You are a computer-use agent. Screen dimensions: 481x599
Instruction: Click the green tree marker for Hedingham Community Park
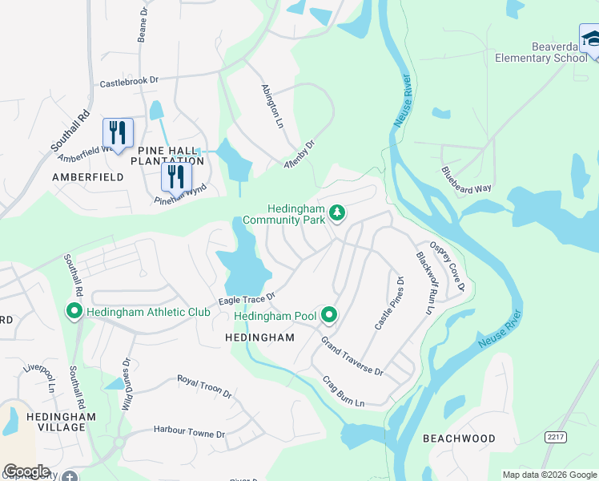pyautogui.click(x=338, y=213)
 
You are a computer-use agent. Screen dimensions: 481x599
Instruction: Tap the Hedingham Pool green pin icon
pyautogui.click(x=328, y=316)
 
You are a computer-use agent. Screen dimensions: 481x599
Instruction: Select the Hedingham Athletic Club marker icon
pyautogui.click(x=74, y=311)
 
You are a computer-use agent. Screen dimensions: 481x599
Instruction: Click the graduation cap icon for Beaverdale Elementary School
pyautogui.click(x=589, y=39)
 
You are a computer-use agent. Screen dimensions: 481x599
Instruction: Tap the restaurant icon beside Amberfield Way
pyautogui.click(x=118, y=133)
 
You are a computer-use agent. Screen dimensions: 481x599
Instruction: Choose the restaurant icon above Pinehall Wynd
pyautogui.click(x=176, y=176)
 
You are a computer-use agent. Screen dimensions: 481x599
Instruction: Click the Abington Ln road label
pyautogui.click(x=272, y=107)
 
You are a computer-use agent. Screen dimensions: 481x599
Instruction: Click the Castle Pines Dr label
pyautogui.click(x=390, y=303)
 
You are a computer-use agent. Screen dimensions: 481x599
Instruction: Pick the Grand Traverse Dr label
pyautogui.click(x=352, y=357)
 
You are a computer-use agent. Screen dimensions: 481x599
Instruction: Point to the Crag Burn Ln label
pyautogui.click(x=344, y=390)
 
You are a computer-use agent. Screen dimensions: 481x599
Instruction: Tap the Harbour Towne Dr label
pyautogui.click(x=189, y=433)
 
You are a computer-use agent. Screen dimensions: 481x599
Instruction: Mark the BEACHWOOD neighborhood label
pyautogui.click(x=459, y=439)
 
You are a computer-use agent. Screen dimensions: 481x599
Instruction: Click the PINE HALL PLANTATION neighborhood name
pyautogui.click(x=171, y=156)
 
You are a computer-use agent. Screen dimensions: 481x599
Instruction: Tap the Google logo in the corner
pyautogui.click(x=26, y=471)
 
